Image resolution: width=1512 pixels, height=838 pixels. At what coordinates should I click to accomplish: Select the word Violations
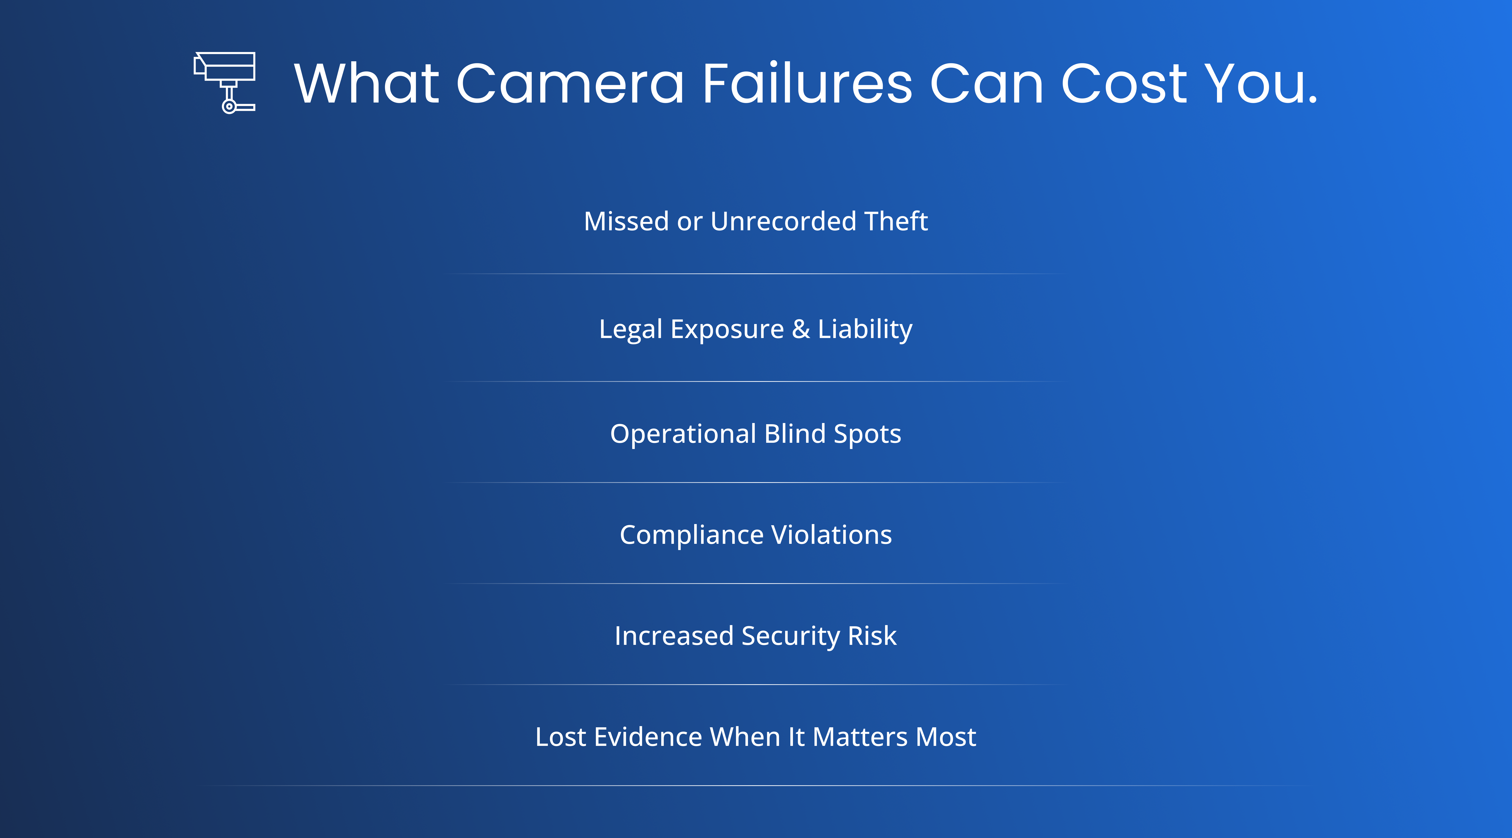coord(832,535)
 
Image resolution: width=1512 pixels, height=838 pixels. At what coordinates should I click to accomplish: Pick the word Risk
coord(872,636)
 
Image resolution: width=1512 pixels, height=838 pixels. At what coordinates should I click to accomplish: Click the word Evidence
coord(648,737)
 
